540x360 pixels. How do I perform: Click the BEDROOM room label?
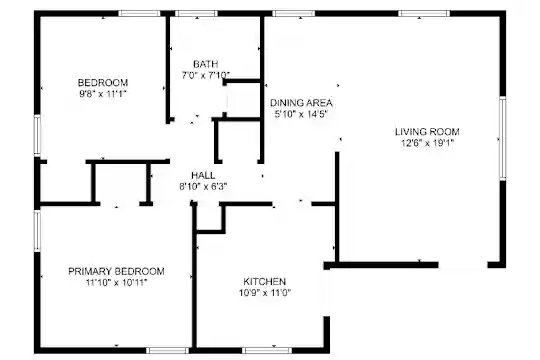[x=103, y=83]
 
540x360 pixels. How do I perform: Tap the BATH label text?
[x=206, y=64]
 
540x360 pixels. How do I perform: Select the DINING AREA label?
[x=301, y=103]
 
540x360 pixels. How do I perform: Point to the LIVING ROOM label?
[x=427, y=132]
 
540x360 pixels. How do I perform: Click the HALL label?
[x=203, y=175]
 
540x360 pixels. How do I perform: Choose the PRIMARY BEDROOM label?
[x=116, y=271]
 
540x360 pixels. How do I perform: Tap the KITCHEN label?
[x=264, y=281]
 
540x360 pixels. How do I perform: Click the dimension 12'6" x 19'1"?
[x=427, y=143]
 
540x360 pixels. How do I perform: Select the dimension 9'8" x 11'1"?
[x=103, y=94]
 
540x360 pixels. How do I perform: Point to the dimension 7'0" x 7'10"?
[x=206, y=75]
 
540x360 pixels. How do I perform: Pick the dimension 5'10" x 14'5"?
[x=301, y=114]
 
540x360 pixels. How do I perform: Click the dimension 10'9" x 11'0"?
[x=264, y=293]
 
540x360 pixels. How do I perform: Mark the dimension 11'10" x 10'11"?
[x=116, y=282]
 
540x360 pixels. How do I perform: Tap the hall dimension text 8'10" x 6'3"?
[x=203, y=187]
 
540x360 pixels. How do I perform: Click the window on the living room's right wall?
[x=503, y=138]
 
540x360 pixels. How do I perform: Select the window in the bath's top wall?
[x=196, y=14]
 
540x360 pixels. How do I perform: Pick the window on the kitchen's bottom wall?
[x=267, y=351]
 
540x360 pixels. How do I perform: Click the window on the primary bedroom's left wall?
[x=37, y=230]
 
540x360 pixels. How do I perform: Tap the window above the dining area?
[x=294, y=14]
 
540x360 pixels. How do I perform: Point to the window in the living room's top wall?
[x=424, y=14]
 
